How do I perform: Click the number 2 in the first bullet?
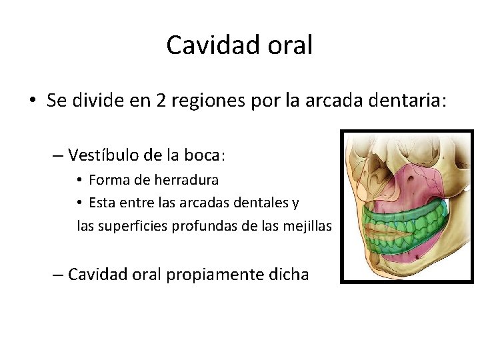(x=161, y=101)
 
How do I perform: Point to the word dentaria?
(x=407, y=101)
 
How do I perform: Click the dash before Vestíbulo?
(x=57, y=156)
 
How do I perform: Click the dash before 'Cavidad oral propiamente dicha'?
(x=57, y=274)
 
